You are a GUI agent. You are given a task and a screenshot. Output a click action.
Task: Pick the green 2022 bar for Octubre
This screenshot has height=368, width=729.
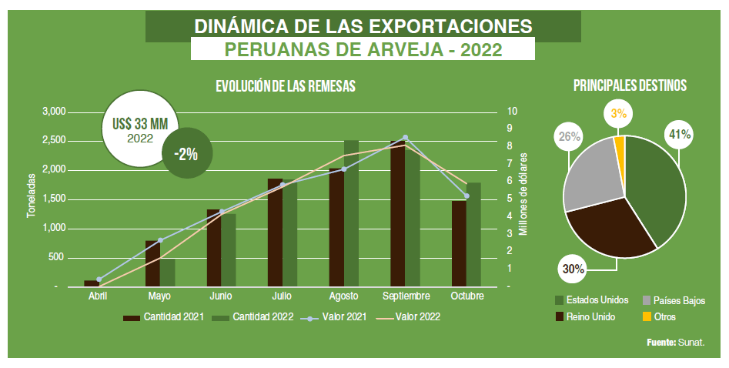[473, 234]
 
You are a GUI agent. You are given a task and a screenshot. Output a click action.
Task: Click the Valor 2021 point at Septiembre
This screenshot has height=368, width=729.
[406, 138]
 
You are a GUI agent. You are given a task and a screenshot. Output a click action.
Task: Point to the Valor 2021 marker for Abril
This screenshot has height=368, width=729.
[99, 279]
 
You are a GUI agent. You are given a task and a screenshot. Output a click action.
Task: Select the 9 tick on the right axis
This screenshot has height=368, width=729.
[509, 129]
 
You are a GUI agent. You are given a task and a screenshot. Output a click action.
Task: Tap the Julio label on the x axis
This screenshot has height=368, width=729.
[282, 296]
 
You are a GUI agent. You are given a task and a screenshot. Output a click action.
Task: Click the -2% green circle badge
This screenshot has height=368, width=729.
[186, 154]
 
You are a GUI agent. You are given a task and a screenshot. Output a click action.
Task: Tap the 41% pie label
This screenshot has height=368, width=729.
[679, 135]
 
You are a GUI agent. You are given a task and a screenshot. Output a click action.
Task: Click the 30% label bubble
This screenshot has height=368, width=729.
[574, 269]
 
